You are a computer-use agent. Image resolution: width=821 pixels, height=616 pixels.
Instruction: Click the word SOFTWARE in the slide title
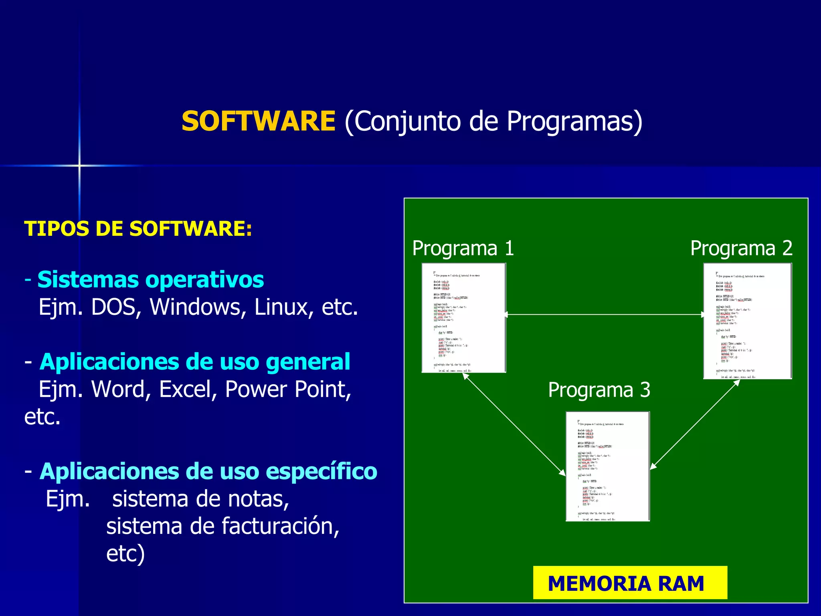pyautogui.click(x=258, y=121)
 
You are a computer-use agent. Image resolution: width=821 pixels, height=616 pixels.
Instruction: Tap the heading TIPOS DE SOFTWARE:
pyautogui.click(x=138, y=229)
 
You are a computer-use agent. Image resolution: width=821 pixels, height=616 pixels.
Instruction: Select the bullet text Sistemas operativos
pyautogui.click(x=150, y=280)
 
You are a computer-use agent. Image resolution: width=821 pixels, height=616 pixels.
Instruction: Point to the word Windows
pyautogui.click(x=198, y=307)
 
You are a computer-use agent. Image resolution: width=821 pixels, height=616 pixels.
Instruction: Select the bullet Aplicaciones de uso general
pyautogui.click(x=195, y=362)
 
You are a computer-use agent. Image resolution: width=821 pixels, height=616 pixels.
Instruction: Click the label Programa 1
pyautogui.click(x=463, y=248)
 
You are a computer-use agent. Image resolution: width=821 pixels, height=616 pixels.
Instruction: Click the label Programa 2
pyautogui.click(x=741, y=248)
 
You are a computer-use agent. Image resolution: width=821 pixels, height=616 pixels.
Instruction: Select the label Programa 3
pyautogui.click(x=599, y=390)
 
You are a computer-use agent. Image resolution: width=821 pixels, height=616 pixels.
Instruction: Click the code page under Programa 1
pyautogui.click(x=463, y=318)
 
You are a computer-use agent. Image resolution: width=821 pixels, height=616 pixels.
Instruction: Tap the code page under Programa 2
pyautogui.click(x=747, y=321)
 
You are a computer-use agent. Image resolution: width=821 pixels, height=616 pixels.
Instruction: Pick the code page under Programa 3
pyautogui.click(x=607, y=466)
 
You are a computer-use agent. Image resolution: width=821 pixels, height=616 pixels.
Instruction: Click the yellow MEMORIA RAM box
pyautogui.click(x=630, y=583)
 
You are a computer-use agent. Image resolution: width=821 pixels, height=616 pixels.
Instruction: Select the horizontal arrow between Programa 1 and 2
pyautogui.click(x=605, y=315)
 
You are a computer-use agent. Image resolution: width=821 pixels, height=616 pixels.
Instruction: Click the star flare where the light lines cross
pyautogui.click(x=79, y=165)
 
